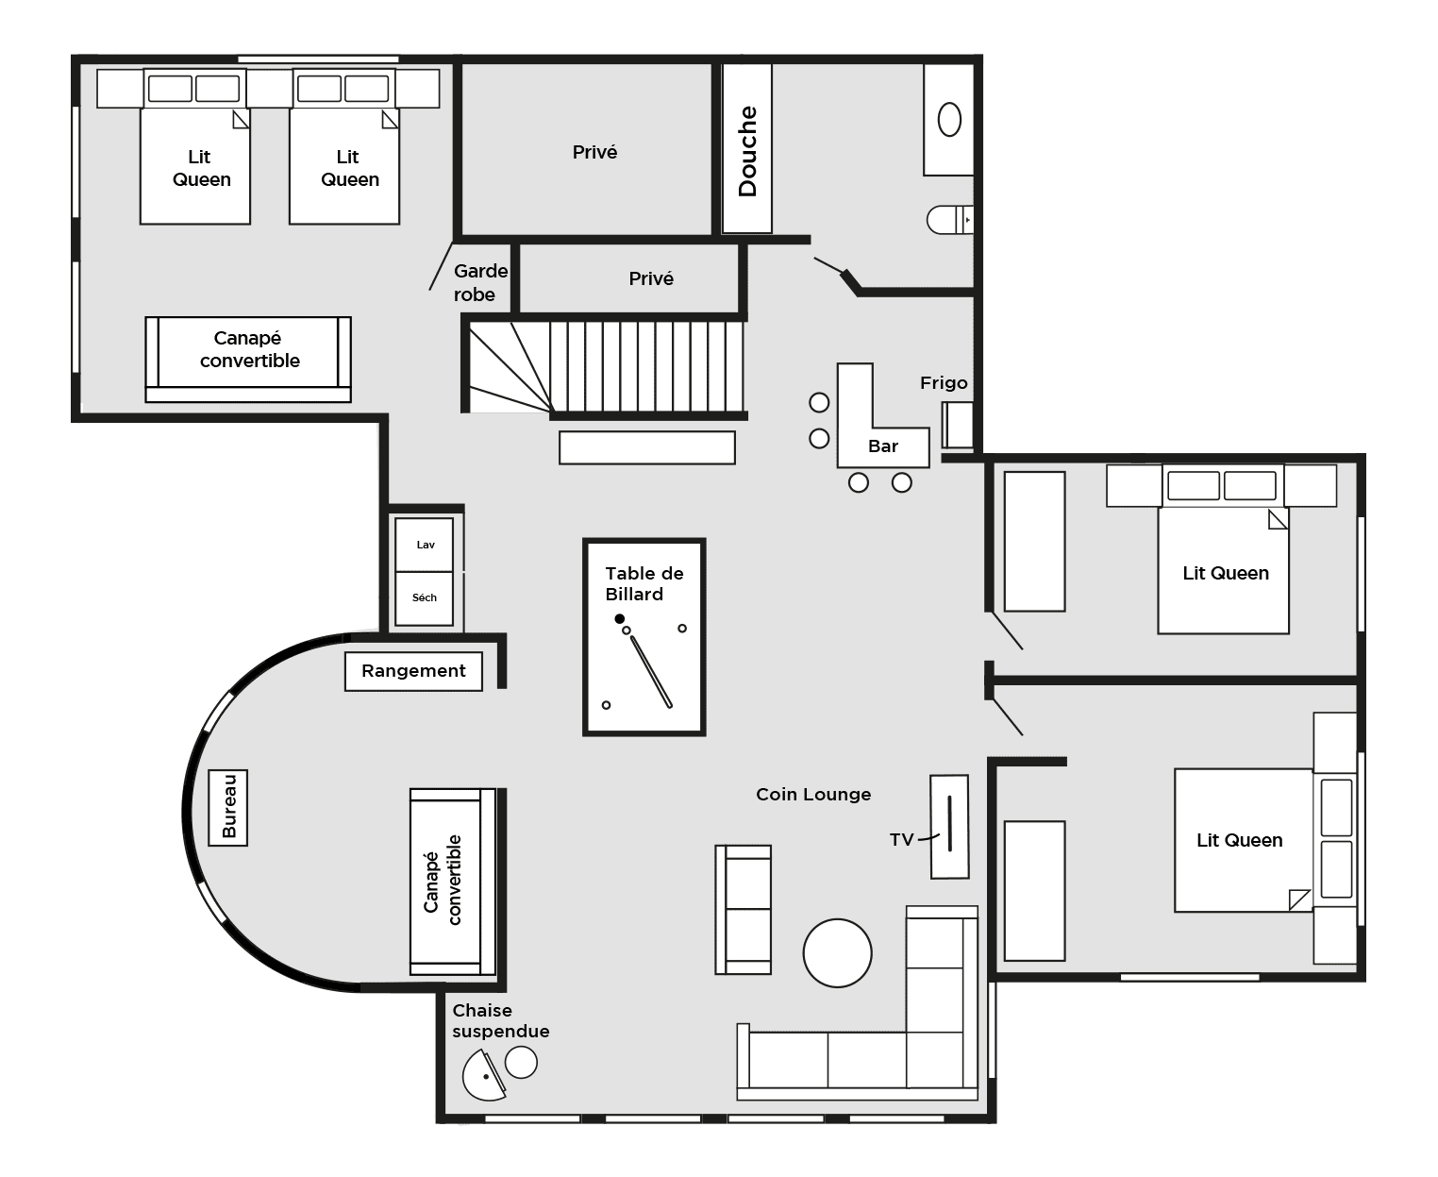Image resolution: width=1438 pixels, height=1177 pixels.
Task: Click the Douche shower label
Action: pyautogui.click(x=747, y=151)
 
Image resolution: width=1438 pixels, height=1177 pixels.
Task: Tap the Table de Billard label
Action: pyautogui.click(x=644, y=583)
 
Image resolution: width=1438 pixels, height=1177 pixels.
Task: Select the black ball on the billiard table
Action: pyautogui.click(x=619, y=618)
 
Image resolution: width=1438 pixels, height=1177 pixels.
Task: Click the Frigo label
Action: pyautogui.click(x=944, y=382)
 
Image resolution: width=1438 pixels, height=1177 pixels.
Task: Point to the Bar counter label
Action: pyautogui.click(x=883, y=446)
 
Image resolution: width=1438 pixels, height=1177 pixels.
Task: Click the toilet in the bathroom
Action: pyautogui.click(x=950, y=220)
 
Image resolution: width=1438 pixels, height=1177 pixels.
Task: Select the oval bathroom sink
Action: pyautogui.click(x=950, y=120)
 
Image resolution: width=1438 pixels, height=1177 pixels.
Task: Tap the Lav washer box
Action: pyautogui.click(x=424, y=545)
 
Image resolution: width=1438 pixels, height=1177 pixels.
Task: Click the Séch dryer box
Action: pyautogui.click(x=424, y=598)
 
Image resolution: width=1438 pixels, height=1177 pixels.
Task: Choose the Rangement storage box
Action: pyautogui.click(x=413, y=672)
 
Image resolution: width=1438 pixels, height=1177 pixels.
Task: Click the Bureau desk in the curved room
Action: pyautogui.click(x=227, y=807)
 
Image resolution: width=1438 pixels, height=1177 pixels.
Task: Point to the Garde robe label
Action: pyautogui.click(x=480, y=283)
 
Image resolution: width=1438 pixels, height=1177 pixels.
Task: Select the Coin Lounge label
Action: pyautogui.click(x=813, y=795)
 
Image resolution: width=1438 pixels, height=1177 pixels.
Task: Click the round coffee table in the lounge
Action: pyautogui.click(x=837, y=952)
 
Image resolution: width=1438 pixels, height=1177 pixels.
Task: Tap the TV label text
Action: pyautogui.click(x=901, y=840)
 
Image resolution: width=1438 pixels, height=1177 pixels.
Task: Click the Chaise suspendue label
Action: pyautogui.click(x=500, y=1021)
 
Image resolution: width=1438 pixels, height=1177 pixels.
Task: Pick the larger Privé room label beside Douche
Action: pyautogui.click(x=594, y=152)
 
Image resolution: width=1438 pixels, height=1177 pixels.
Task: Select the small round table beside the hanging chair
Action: pyautogui.click(x=521, y=1063)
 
